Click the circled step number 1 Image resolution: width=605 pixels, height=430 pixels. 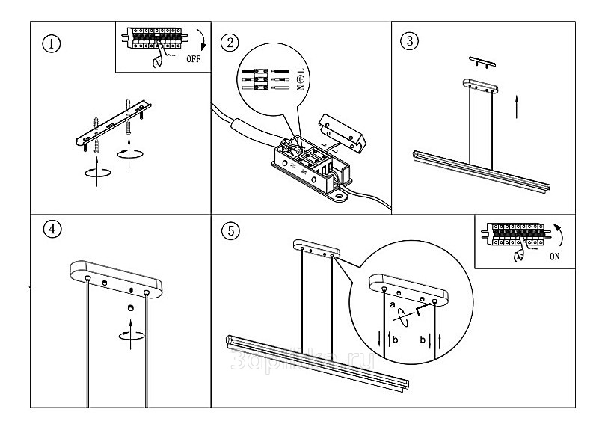coord(51,43)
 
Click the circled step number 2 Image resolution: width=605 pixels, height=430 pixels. coord(233,43)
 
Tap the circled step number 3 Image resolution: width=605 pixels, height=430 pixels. coord(408,40)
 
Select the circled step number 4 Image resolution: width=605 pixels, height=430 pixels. coord(51,230)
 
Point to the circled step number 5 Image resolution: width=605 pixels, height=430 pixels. coord(233,230)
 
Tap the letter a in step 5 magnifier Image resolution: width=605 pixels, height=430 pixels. coord(392,304)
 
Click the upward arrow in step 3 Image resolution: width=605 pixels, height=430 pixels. coord(518,107)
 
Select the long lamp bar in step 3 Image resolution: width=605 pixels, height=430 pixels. coord(482,172)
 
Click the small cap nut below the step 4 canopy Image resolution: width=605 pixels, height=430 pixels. coord(130,308)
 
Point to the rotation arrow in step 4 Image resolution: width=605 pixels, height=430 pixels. coord(130,333)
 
